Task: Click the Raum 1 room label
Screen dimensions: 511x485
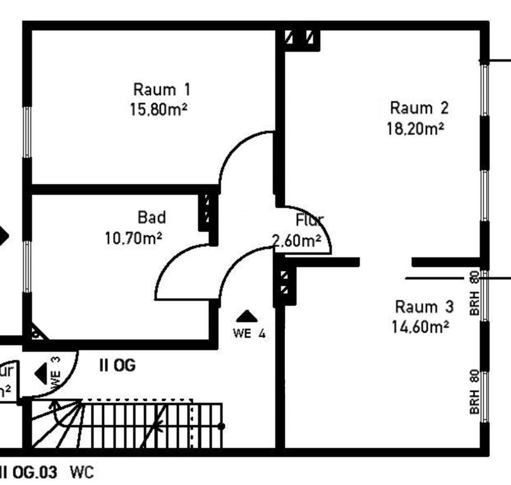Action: tap(161, 89)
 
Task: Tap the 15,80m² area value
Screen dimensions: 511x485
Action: tap(159, 110)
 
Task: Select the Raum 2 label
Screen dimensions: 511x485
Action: tap(419, 108)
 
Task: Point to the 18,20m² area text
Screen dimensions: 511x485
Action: tap(416, 129)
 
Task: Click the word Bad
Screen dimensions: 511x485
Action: tap(152, 217)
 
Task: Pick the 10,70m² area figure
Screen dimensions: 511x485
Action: tap(134, 238)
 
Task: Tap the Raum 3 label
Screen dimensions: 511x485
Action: tap(424, 307)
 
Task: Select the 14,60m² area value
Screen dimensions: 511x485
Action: tap(420, 327)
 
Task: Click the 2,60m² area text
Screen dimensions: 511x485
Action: tap(296, 241)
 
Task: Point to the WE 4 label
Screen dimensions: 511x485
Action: tap(249, 334)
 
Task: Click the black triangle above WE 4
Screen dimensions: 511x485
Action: tap(246, 317)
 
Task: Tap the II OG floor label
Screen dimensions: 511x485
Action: tap(117, 366)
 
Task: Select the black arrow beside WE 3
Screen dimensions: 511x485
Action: tap(41, 373)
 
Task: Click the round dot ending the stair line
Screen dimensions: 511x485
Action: tap(221, 426)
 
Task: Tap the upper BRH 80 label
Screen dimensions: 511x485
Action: tap(475, 293)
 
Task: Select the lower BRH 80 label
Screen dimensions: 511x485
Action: tap(475, 392)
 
